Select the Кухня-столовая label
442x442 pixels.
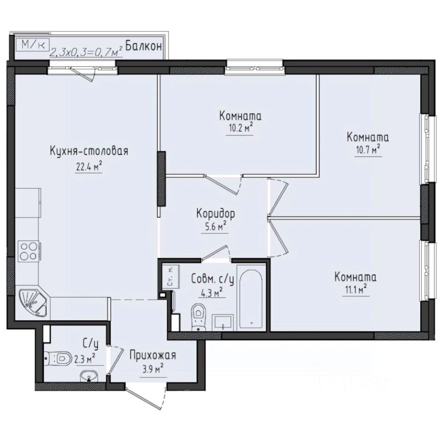[88, 151]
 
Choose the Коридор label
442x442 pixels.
[216, 214]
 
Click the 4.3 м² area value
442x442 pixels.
[212, 291]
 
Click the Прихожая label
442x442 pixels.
[152, 355]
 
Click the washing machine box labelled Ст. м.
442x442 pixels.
[169, 278]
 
